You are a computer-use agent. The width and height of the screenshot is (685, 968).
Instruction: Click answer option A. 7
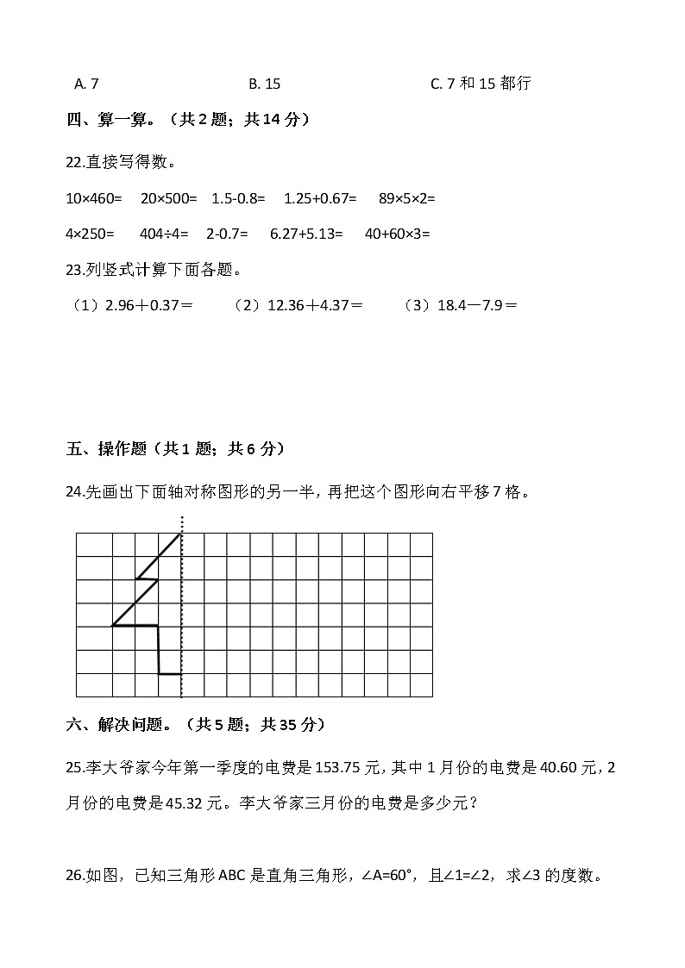point(86,84)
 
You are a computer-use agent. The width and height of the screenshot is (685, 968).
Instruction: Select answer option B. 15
point(264,84)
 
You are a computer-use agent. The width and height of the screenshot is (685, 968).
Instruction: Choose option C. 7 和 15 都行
point(480,84)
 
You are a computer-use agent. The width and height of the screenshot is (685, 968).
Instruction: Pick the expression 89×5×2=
point(406,198)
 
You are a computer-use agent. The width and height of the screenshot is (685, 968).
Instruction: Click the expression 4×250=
point(90,234)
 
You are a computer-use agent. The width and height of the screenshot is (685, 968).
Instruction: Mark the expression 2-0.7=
point(227,234)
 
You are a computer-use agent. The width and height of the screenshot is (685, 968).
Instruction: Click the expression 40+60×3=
point(397,234)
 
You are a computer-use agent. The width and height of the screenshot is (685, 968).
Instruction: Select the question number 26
point(74,876)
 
